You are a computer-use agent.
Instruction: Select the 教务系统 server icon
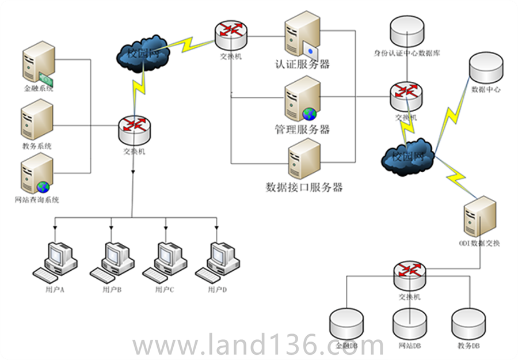pos(37,119)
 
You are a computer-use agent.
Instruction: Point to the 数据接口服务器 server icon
pos(304,160)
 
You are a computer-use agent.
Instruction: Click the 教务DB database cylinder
pos(469,325)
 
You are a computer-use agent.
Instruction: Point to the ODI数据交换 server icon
pos(479,216)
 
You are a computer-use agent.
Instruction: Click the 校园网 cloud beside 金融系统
pos(143,55)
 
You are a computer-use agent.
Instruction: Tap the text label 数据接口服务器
pos(304,187)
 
